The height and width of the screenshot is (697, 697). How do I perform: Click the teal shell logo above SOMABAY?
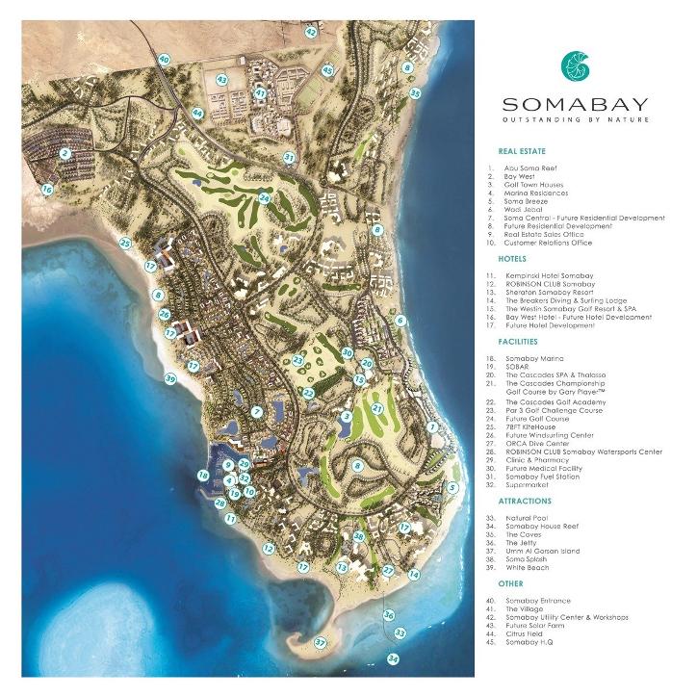point(575,65)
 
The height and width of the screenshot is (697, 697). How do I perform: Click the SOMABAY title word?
point(574,104)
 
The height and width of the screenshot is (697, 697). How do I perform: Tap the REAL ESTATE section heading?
point(522,152)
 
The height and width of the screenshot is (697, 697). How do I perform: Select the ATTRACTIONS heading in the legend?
point(525,502)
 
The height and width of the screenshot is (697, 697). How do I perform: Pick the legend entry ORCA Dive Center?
point(533,443)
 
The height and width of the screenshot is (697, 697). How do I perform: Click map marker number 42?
point(311,32)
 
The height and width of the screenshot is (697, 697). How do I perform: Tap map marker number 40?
point(165,60)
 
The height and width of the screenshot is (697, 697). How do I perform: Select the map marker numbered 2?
point(65,153)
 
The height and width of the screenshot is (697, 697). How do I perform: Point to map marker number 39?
point(169,380)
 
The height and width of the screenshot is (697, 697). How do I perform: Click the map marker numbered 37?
point(321,642)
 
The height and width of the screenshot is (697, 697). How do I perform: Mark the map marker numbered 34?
point(393,658)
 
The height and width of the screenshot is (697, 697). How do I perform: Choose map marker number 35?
point(415,93)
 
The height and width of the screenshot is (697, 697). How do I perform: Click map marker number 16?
point(46,191)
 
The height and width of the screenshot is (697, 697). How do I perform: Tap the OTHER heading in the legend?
point(510,583)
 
